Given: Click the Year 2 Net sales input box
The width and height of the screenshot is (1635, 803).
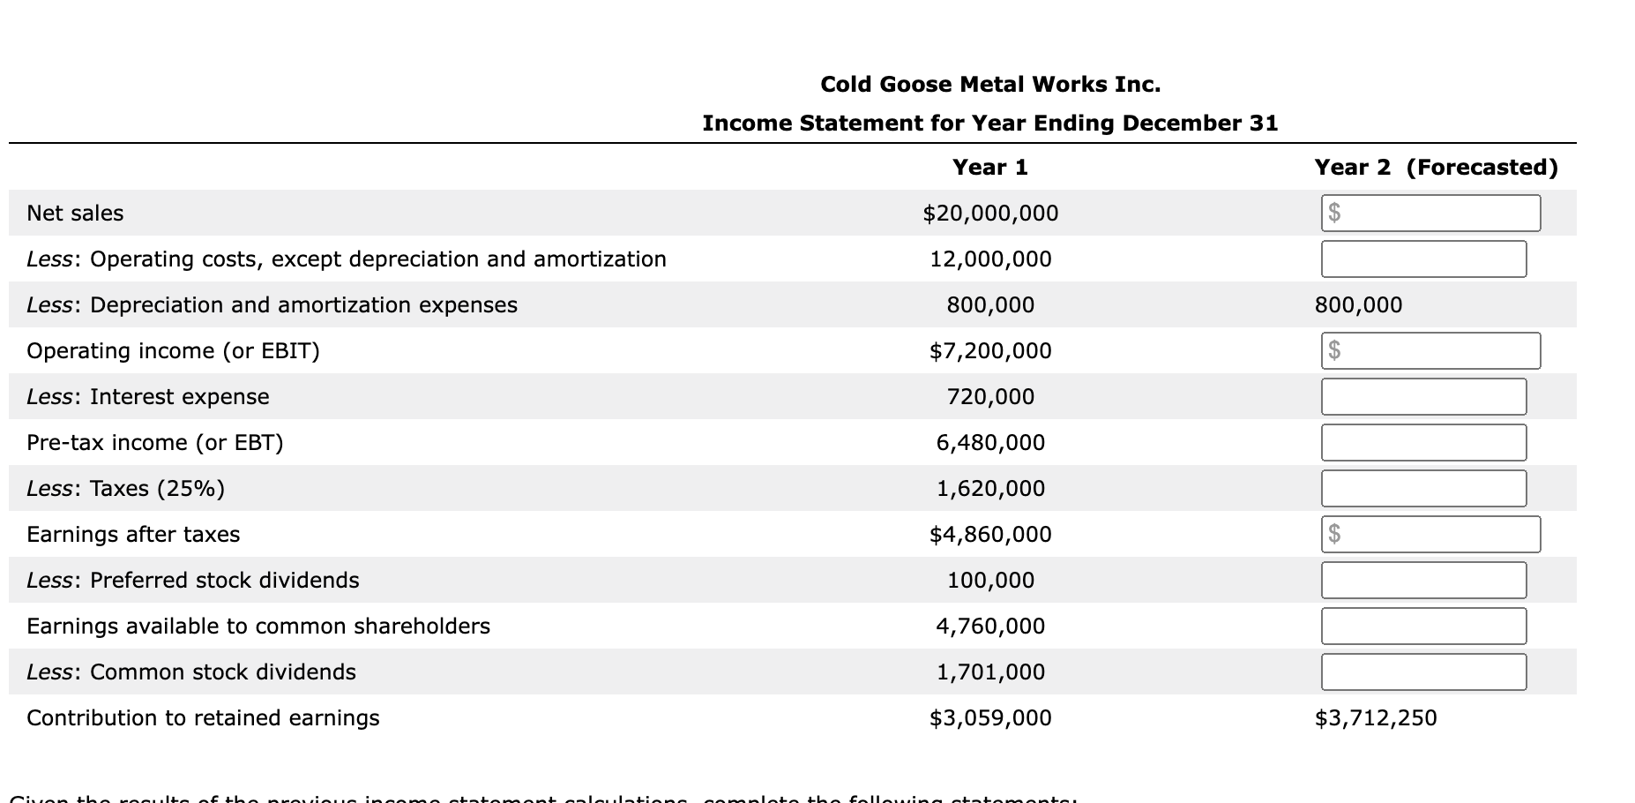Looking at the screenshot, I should click(x=1430, y=213).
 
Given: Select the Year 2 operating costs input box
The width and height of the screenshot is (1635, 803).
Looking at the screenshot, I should click(x=1423, y=259).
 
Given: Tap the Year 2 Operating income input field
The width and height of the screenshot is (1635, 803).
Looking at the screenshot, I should click(x=1430, y=350).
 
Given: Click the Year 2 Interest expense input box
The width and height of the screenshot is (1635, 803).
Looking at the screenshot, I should click(x=1423, y=396).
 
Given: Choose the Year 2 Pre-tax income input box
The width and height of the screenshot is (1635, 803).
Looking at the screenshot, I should click(x=1423, y=442).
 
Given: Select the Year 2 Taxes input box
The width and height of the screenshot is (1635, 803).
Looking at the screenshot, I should click(x=1423, y=488).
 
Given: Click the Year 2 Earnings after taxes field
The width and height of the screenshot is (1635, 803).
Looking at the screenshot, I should click(x=1430, y=534).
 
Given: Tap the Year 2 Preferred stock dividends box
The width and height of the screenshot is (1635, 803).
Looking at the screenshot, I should click(x=1423, y=580).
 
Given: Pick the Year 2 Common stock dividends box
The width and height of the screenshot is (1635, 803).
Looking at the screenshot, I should click(x=1423, y=672).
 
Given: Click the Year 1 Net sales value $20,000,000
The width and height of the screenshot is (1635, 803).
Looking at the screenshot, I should click(x=990, y=213).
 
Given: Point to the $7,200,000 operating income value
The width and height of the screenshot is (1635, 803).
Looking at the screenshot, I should click(x=990, y=350).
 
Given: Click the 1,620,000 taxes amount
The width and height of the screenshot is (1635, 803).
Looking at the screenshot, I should click(x=990, y=488).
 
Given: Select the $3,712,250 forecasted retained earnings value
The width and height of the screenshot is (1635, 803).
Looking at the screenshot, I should click(x=1376, y=717).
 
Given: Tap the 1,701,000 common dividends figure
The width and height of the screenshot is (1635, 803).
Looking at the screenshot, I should click(x=990, y=672).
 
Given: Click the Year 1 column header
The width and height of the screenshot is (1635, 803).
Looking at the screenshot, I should click(x=990, y=167).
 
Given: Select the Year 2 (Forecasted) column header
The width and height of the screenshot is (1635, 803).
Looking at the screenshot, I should click(x=1436, y=167).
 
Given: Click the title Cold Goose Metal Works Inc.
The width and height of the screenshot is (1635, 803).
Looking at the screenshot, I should click(x=990, y=84).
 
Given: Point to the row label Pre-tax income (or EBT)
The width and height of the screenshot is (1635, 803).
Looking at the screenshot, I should click(x=155, y=442).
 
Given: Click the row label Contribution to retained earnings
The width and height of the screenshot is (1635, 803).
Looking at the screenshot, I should click(x=203, y=717).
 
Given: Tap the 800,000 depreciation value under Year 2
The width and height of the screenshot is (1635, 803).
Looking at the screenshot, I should click(x=1358, y=304).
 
